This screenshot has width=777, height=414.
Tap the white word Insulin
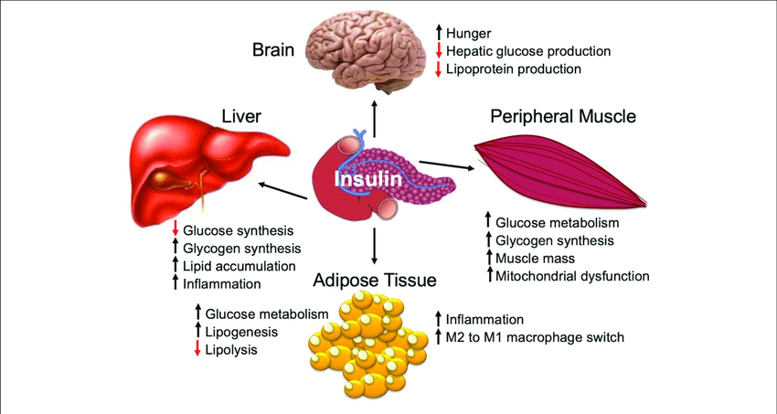[368, 179]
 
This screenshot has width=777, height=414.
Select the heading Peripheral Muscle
[563, 117]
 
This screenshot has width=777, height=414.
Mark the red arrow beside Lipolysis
[197, 349]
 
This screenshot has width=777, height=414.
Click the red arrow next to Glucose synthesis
[175, 229]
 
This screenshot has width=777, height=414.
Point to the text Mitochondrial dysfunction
[572, 275]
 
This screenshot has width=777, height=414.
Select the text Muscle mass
[534, 258]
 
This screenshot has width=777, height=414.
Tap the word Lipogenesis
[240, 332]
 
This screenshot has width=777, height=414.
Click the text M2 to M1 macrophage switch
[535, 337]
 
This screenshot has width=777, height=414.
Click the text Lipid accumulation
[239, 266]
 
